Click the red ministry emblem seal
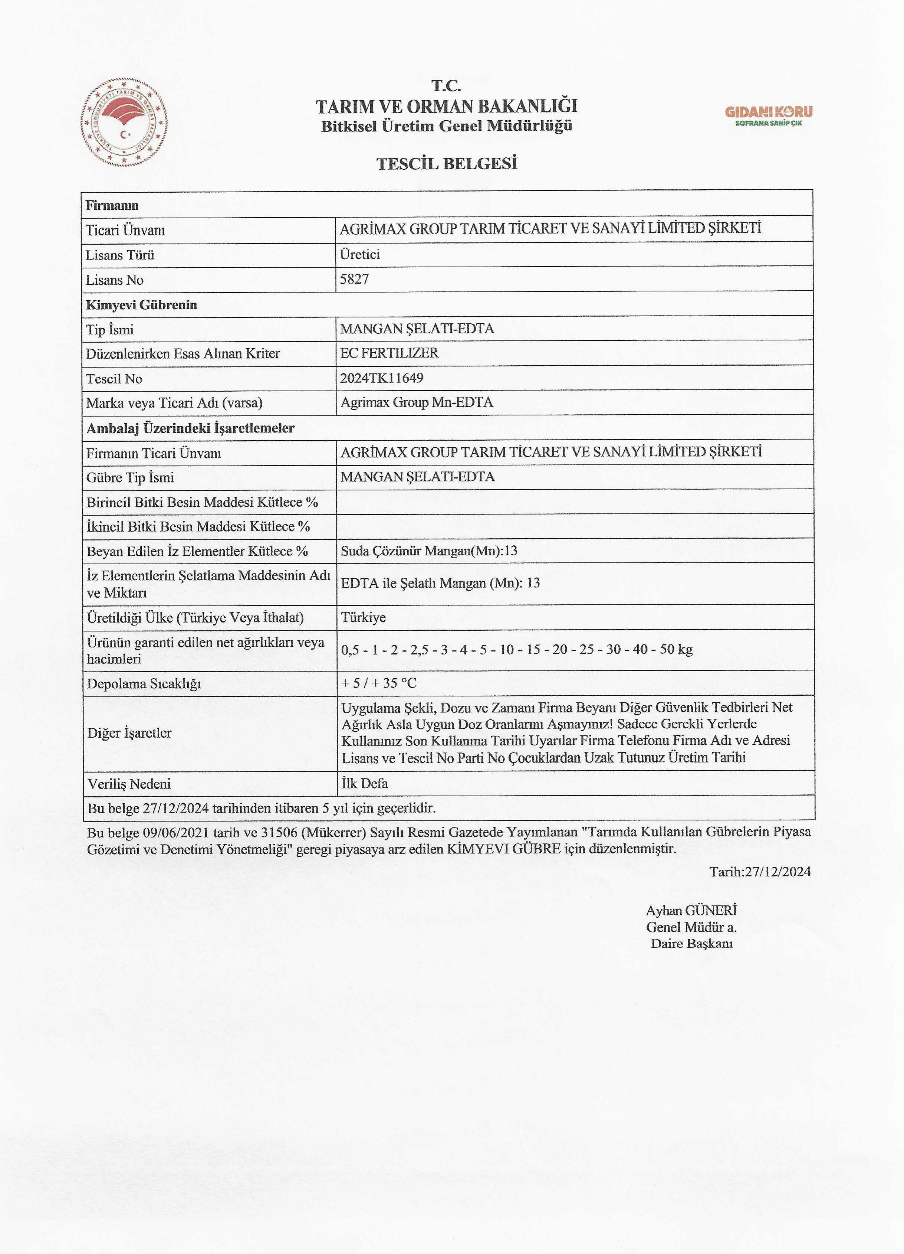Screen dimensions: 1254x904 coord(124,123)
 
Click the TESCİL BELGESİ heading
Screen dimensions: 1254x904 coord(447,164)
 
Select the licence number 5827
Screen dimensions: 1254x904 coord(354,279)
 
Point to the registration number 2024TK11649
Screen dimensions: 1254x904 coord(381,378)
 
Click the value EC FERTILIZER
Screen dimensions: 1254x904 coord(389,353)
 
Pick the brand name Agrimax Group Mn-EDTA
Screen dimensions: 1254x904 coord(416,402)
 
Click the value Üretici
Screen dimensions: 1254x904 coord(360,254)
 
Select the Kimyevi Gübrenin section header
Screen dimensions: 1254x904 coord(141,305)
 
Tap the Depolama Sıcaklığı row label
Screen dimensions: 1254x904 coord(144,684)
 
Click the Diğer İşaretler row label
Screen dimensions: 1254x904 coord(129,733)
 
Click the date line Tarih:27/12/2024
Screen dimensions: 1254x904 coord(760,872)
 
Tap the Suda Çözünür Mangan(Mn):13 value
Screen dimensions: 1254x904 coord(429,551)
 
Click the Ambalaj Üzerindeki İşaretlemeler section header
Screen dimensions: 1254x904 coord(190,428)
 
